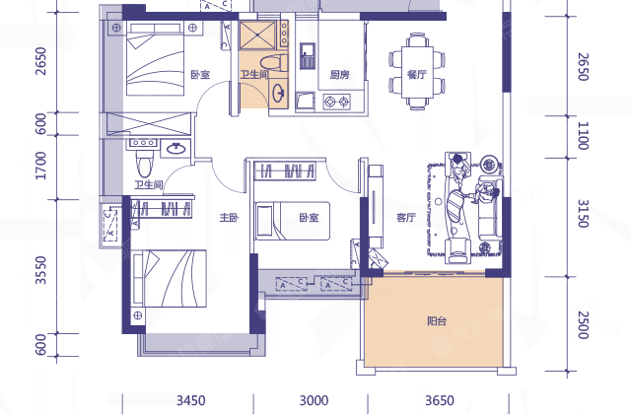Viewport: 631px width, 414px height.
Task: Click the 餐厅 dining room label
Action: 416,75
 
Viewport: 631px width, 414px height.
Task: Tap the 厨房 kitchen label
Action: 339,75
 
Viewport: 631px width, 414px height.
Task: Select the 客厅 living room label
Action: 405,218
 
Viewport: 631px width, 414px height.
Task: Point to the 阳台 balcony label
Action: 437,321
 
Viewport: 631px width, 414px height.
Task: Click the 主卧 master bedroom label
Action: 229,218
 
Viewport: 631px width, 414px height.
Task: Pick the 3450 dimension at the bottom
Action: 190,400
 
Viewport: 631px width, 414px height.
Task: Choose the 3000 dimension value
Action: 314,400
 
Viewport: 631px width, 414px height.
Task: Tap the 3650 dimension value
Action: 440,400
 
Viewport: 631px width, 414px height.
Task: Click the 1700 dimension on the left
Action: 41,166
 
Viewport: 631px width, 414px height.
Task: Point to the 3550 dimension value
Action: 41,270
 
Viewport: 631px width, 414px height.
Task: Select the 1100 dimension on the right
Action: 583,136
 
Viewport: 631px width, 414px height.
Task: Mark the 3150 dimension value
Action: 583,214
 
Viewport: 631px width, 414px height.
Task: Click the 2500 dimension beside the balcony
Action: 583,325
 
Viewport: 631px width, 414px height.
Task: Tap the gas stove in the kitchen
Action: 337,102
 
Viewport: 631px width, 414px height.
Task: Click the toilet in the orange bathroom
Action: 274,63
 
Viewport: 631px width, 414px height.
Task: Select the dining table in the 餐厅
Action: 417,72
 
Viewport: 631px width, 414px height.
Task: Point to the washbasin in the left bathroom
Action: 175,149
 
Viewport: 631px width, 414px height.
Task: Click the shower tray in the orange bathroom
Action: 257,35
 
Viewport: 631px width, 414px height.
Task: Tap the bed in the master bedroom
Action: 170,278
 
